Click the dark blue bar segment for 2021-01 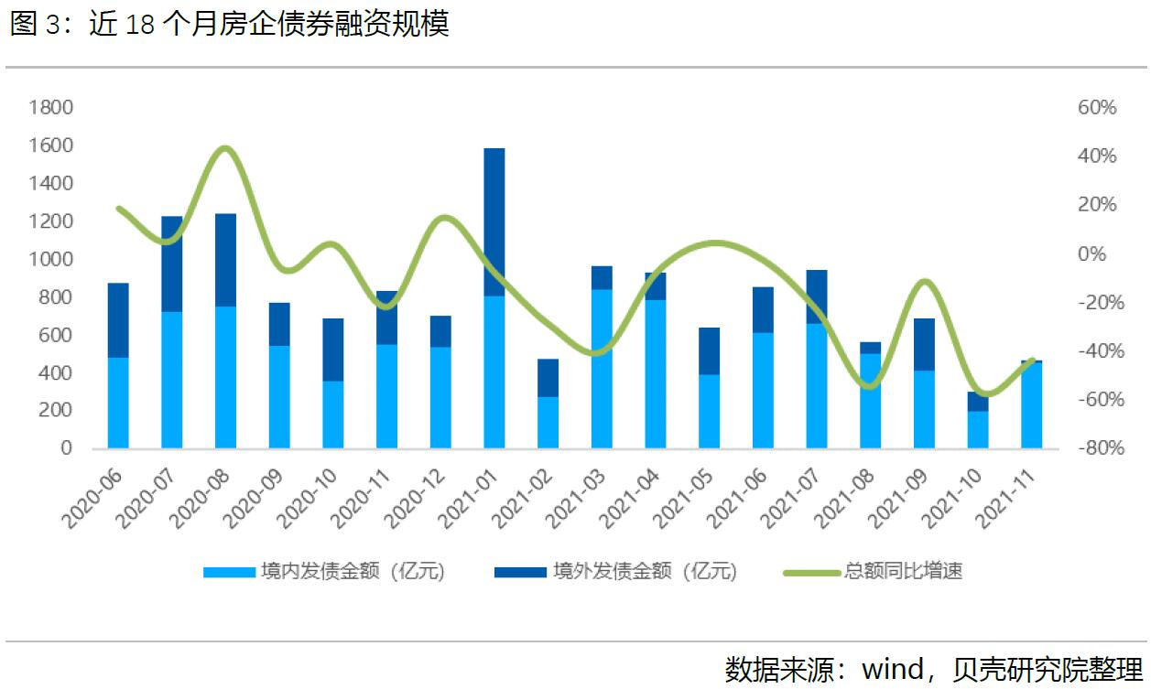pos(494,221)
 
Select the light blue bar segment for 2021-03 pos(602,368)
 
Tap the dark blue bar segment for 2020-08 pos(225,260)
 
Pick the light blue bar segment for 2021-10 pos(978,429)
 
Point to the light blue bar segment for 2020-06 pos(118,403)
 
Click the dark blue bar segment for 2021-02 pos(548,377)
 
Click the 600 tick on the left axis pos(56,335)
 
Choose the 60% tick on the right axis pos(1097,108)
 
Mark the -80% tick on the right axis pos(1094,448)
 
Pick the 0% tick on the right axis pos(1102,253)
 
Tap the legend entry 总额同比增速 pos(902,572)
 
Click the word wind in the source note pos(893,668)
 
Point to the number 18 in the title pos(139,25)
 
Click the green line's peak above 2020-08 pos(226,148)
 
